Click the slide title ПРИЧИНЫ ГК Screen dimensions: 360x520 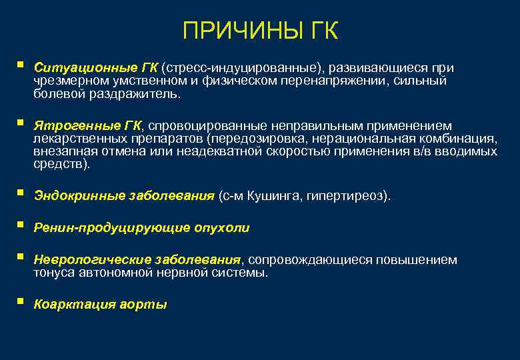260,31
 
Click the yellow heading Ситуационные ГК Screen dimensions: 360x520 95,68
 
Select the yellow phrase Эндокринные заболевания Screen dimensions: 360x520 124,196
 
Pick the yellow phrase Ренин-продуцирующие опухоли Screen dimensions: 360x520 141,228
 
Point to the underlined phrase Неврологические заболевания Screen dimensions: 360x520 137,260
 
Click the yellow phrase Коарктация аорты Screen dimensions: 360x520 100,305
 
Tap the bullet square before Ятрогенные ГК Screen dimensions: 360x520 21,123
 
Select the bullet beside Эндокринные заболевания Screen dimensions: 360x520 21,193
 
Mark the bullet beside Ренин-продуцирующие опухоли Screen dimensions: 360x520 21,225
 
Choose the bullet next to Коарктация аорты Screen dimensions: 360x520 21,301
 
